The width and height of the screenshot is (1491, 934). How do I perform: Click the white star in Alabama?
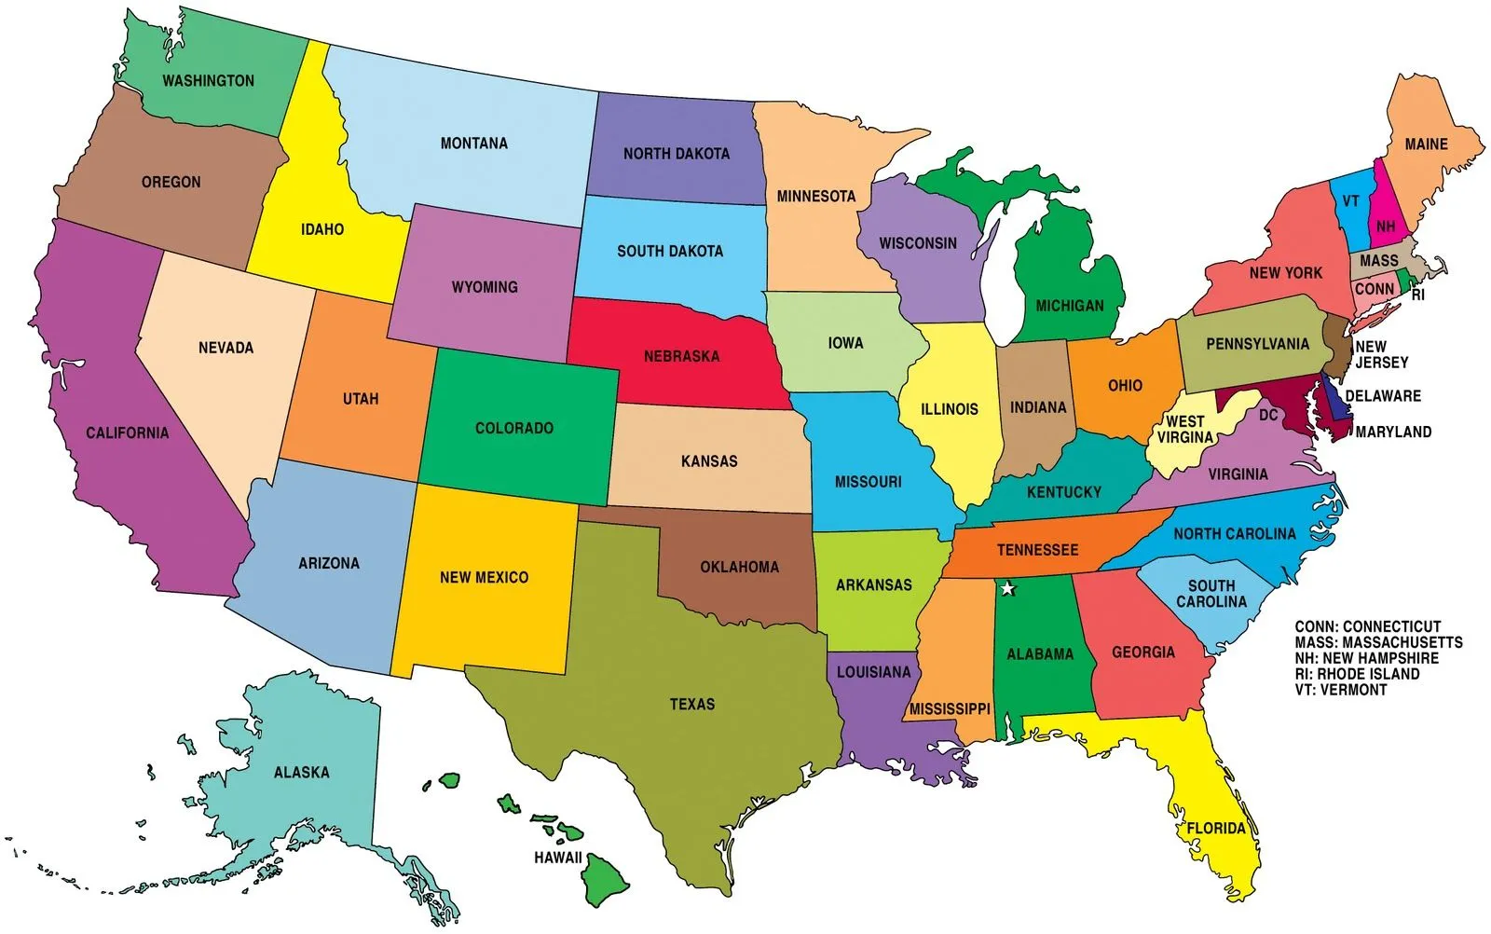1006,588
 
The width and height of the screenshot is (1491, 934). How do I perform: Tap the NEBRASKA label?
681,356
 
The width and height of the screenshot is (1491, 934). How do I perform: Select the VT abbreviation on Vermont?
1350,201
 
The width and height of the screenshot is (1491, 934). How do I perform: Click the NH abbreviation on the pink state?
1386,227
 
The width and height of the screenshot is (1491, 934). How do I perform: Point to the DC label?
1268,415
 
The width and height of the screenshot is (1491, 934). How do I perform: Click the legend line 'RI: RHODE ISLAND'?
1357,674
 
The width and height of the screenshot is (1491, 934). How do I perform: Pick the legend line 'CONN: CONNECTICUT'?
1367,626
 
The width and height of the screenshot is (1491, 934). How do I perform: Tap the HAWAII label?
557,858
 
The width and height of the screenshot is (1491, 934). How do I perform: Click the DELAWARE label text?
1383,396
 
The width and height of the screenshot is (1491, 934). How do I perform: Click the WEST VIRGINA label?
1185,430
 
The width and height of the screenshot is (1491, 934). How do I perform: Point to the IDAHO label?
322,229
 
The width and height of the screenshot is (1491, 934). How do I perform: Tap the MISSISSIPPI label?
950,708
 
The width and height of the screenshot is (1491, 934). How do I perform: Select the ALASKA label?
301,772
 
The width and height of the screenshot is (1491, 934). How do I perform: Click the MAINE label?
1426,144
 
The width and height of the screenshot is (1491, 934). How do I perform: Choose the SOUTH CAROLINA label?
1211,594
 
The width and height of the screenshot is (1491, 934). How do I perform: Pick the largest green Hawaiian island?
605,878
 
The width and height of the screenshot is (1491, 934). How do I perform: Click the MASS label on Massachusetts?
1378,261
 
